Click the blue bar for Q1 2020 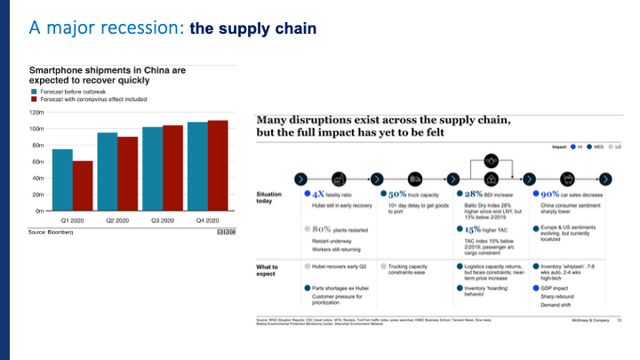[x=62, y=180]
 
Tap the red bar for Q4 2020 [x=218, y=165]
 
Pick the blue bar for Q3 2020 [x=152, y=169]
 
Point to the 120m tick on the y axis [x=36, y=113]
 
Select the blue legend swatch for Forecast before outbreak [x=34, y=91]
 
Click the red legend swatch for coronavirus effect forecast [x=34, y=100]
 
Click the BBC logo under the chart [x=226, y=232]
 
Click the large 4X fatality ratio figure [x=316, y=193]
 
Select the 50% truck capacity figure [x=395, y=193]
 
